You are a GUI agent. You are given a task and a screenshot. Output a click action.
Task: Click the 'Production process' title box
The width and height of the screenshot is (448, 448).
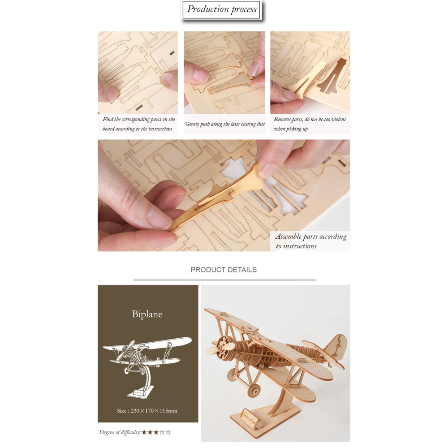pos(222,10)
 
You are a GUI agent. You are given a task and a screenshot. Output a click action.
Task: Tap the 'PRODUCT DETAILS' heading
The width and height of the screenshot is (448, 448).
pos(224,270)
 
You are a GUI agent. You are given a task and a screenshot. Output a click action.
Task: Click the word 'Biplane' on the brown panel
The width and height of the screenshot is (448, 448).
pos(147,314)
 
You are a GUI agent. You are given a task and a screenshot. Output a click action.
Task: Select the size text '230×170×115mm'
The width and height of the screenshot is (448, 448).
pos(154,410)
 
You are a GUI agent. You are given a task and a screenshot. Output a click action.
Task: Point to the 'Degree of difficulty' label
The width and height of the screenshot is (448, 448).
pos(120,432)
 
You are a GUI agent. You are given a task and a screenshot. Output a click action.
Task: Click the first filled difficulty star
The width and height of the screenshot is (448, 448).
pos(144,432)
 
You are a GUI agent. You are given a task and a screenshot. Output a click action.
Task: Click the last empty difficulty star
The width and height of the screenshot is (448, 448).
pos(168,432)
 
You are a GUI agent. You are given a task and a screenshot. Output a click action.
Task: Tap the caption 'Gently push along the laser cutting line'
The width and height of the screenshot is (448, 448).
pos(225,124)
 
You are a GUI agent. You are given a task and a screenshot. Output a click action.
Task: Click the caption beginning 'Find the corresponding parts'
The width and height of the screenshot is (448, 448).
pos(138,124)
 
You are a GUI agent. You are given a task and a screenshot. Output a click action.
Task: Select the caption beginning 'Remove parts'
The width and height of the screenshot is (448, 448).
pos(310,124)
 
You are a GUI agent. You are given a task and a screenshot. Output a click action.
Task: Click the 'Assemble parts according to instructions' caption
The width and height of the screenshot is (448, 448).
pos(311,241)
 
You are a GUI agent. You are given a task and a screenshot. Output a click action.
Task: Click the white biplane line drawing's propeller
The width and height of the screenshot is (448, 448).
pos(126,351)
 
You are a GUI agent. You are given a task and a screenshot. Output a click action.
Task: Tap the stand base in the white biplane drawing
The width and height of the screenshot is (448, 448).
pos(140,392)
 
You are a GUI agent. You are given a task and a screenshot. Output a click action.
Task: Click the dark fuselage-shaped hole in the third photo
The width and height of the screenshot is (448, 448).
pos(333,77)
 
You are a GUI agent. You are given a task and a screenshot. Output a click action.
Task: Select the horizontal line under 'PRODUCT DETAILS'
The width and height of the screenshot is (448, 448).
pos(224,280)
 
